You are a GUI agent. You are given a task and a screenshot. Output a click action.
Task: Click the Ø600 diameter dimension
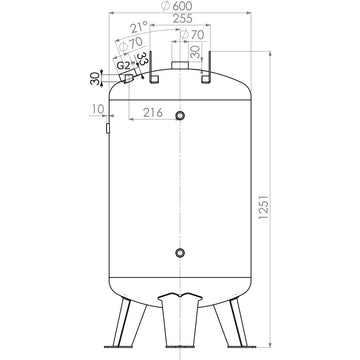(181, 7)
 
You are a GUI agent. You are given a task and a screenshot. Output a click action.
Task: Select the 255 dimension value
(181, 19)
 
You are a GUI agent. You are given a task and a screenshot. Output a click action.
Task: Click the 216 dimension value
(152, 113)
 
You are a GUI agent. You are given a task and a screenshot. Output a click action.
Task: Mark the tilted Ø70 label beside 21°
(128, 46)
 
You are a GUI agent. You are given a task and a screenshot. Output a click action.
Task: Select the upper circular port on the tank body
(180, 117)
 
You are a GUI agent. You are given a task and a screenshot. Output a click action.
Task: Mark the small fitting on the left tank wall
(107, 127)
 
